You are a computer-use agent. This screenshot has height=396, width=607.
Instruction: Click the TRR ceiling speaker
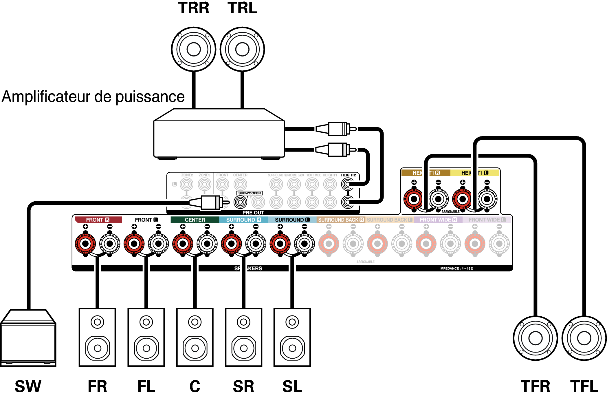point(194,49)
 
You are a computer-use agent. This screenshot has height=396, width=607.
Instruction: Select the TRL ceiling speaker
point(242,49)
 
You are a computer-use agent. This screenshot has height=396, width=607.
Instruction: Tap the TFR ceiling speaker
point(535,338)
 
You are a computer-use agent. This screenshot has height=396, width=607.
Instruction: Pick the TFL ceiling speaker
point(584,338)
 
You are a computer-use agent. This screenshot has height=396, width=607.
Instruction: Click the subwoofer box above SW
point(28,339)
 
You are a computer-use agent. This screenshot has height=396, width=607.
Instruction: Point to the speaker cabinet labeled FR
point(98,337)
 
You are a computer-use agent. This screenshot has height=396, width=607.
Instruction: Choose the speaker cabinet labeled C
point(195,337)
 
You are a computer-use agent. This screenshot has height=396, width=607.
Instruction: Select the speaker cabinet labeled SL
point(292,337)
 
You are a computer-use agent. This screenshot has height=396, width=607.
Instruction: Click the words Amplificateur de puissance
point(93,97)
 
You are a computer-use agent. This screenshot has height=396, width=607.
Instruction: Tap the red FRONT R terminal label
point(98,220)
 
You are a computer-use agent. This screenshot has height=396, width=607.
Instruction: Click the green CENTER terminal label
point(195,220)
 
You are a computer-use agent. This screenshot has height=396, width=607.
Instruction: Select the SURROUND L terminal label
point(292,220)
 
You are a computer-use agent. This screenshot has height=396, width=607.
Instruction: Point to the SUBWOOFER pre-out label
point(249,193)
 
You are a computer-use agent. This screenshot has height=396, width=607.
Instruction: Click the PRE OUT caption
point(253,213)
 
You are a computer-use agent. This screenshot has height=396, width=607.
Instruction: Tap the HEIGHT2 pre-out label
point(348,175)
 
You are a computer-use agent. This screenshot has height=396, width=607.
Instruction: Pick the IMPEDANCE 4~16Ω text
point(456,269)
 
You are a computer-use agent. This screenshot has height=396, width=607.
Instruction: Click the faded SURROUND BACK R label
point(341,220)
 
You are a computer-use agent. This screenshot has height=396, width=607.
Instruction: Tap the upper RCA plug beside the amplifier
point(336,129)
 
